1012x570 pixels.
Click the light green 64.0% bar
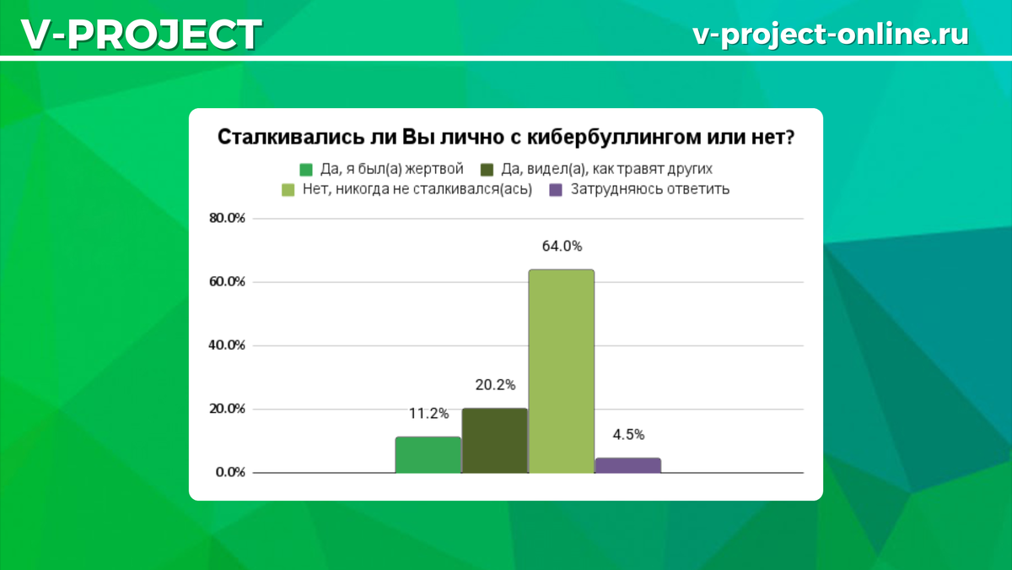pyautogui.click(x=562, y=372)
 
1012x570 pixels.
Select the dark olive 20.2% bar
pyautogui.click(x=495, y=441)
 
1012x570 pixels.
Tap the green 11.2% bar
pyautogui.click(x=428, y=455)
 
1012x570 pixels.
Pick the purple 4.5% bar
pyautogui.click(x=628, y=465)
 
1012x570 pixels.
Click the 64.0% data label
pyautogui.click(x=562, y=246)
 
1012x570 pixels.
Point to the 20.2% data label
pyautogui.click(x=495, y=385)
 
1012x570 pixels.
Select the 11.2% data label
pyautogui.click(x=428, y=414)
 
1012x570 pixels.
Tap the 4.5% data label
pyautogui.click(x=628, y=435)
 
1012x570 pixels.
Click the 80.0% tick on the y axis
pyautogui.click(x=227, y=218)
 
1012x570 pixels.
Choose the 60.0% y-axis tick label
pyautogui.click(x=227, y=282)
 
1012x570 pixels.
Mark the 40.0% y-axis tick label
pyautogui.click(x=227, y=345)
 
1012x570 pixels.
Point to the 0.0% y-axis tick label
pyautogui.click(x=230, y=472)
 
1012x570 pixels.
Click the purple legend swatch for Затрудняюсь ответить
pyautogui.click(x=556, y=190)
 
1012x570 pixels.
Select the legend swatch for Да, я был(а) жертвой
pyautogui.click(x=306, y=170)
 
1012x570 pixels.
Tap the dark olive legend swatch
pyautogui.click(x=487, y=170)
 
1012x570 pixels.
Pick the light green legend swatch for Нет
pyautogui.click(x=288, y=190)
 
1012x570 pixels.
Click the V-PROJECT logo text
pyautogui.click(x=142, y=35)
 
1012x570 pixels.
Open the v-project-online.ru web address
pyautogui.click(x=831, y=35)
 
